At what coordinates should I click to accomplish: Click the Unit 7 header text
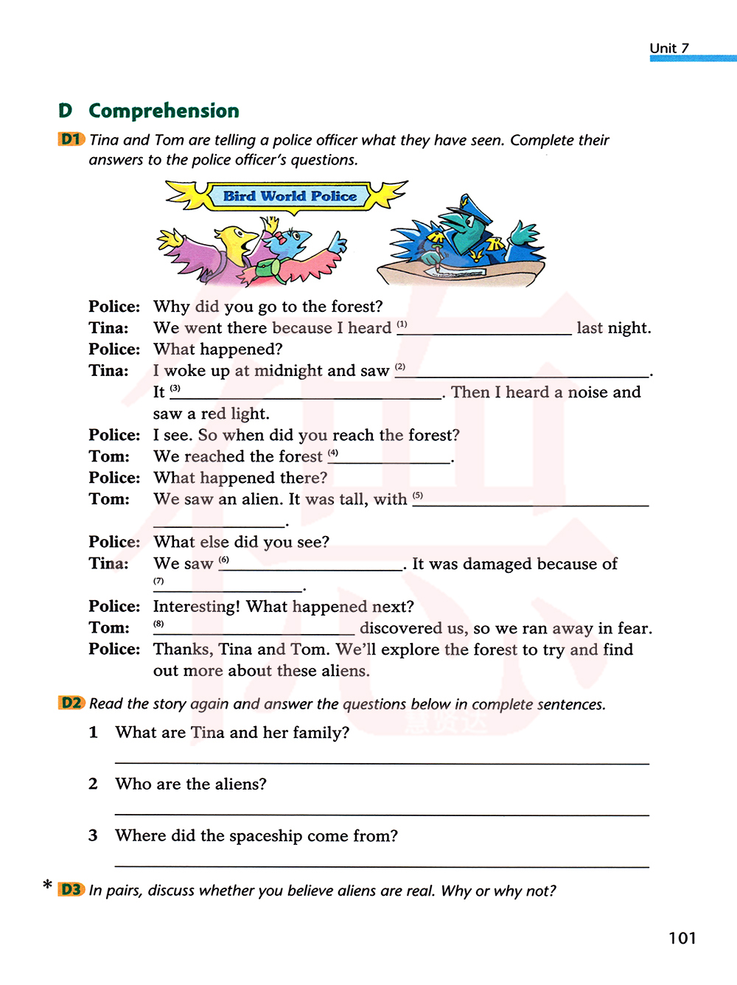pos(669,48)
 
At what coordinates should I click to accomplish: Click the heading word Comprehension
pos(164,111)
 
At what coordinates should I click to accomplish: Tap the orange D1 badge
pos(71,139)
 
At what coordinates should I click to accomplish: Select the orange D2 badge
pos(71,703)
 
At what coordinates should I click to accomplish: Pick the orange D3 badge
pos(71,889)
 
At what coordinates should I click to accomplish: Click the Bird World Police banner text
pos(290,196)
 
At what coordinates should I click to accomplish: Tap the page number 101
pos(682,938)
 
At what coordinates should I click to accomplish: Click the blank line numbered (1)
pos(484,333)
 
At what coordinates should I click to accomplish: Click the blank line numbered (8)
pos(254,633)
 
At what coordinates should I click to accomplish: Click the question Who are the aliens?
pos(191,784)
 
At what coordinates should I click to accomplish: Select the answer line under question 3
pos(382,864)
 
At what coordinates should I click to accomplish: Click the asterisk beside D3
pos(48,885)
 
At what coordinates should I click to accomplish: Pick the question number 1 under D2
pos(93,732)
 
